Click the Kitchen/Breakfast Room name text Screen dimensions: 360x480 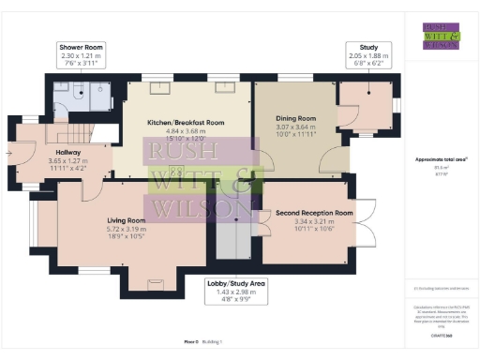click(186, 123)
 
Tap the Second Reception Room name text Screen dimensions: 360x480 click(314, 213)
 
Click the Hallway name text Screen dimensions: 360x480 click(67, 152)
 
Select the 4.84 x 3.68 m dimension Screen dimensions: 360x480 click(186, 131)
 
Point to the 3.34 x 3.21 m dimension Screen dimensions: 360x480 click(314, 221)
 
